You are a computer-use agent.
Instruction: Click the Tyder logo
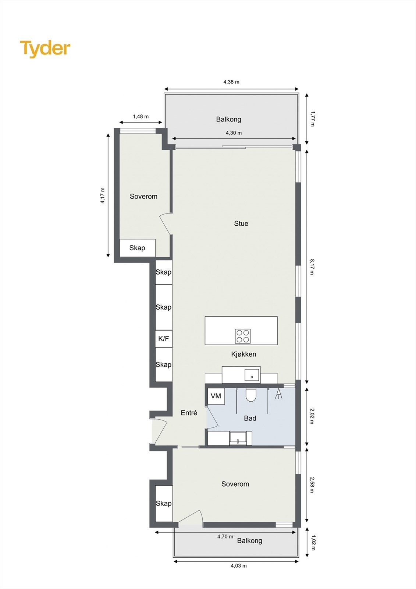point(45,49)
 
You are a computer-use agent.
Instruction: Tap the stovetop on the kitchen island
point(243,336)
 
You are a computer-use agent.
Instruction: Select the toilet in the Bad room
point(251,395)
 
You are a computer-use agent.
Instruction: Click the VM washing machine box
point(216,396)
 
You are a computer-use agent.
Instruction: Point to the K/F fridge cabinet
point(164,339)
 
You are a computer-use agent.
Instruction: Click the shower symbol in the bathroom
point(279,394)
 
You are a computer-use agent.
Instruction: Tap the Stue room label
point(241,223)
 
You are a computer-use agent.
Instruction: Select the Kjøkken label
point(243,354)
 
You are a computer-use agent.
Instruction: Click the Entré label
point(189,413)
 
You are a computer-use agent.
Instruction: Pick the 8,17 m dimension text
point(312,267)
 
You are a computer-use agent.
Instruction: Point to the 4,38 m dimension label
point(231,82)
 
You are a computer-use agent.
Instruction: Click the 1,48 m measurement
point(141,116)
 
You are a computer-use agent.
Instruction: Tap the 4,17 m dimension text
point(103,195)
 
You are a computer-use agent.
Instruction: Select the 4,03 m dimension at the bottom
point(238,566)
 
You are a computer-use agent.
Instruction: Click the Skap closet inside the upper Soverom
point(137,248)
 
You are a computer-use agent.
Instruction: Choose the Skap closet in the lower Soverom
point(164,503)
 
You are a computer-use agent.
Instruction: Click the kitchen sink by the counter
point(252,376)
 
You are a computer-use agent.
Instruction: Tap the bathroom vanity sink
point(238,438)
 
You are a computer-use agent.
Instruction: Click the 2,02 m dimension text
point(312,416)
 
